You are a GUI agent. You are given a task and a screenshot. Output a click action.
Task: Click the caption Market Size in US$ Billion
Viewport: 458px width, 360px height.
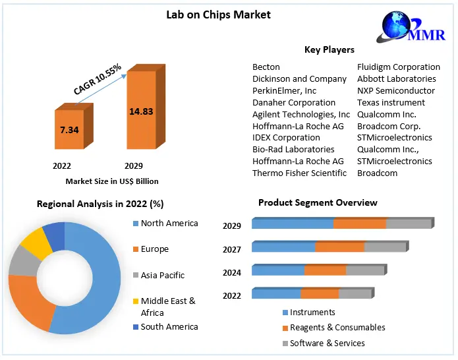112,181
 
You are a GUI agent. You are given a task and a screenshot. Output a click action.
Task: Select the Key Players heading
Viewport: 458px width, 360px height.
329,49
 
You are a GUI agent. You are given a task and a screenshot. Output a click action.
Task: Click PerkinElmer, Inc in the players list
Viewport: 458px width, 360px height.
284,90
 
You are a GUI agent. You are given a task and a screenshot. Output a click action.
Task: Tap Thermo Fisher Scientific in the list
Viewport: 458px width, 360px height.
299,173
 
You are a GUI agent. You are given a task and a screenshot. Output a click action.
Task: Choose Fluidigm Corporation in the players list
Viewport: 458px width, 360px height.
399,67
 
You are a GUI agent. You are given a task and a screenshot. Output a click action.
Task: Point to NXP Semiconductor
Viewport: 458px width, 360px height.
396,90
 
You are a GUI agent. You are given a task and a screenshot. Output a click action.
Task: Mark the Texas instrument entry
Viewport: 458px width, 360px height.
391,102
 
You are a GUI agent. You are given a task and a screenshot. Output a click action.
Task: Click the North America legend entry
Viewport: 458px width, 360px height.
169,223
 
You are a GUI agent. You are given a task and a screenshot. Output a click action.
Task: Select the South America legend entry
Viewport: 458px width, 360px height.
169,326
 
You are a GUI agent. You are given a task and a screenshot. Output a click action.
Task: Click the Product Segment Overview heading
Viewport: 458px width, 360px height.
318,202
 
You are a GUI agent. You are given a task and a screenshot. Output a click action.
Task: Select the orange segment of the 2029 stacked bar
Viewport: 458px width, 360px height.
359,224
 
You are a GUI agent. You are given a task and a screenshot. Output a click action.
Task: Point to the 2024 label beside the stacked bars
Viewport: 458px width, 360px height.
232,272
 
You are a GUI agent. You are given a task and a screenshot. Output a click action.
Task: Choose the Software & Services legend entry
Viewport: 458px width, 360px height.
327,343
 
